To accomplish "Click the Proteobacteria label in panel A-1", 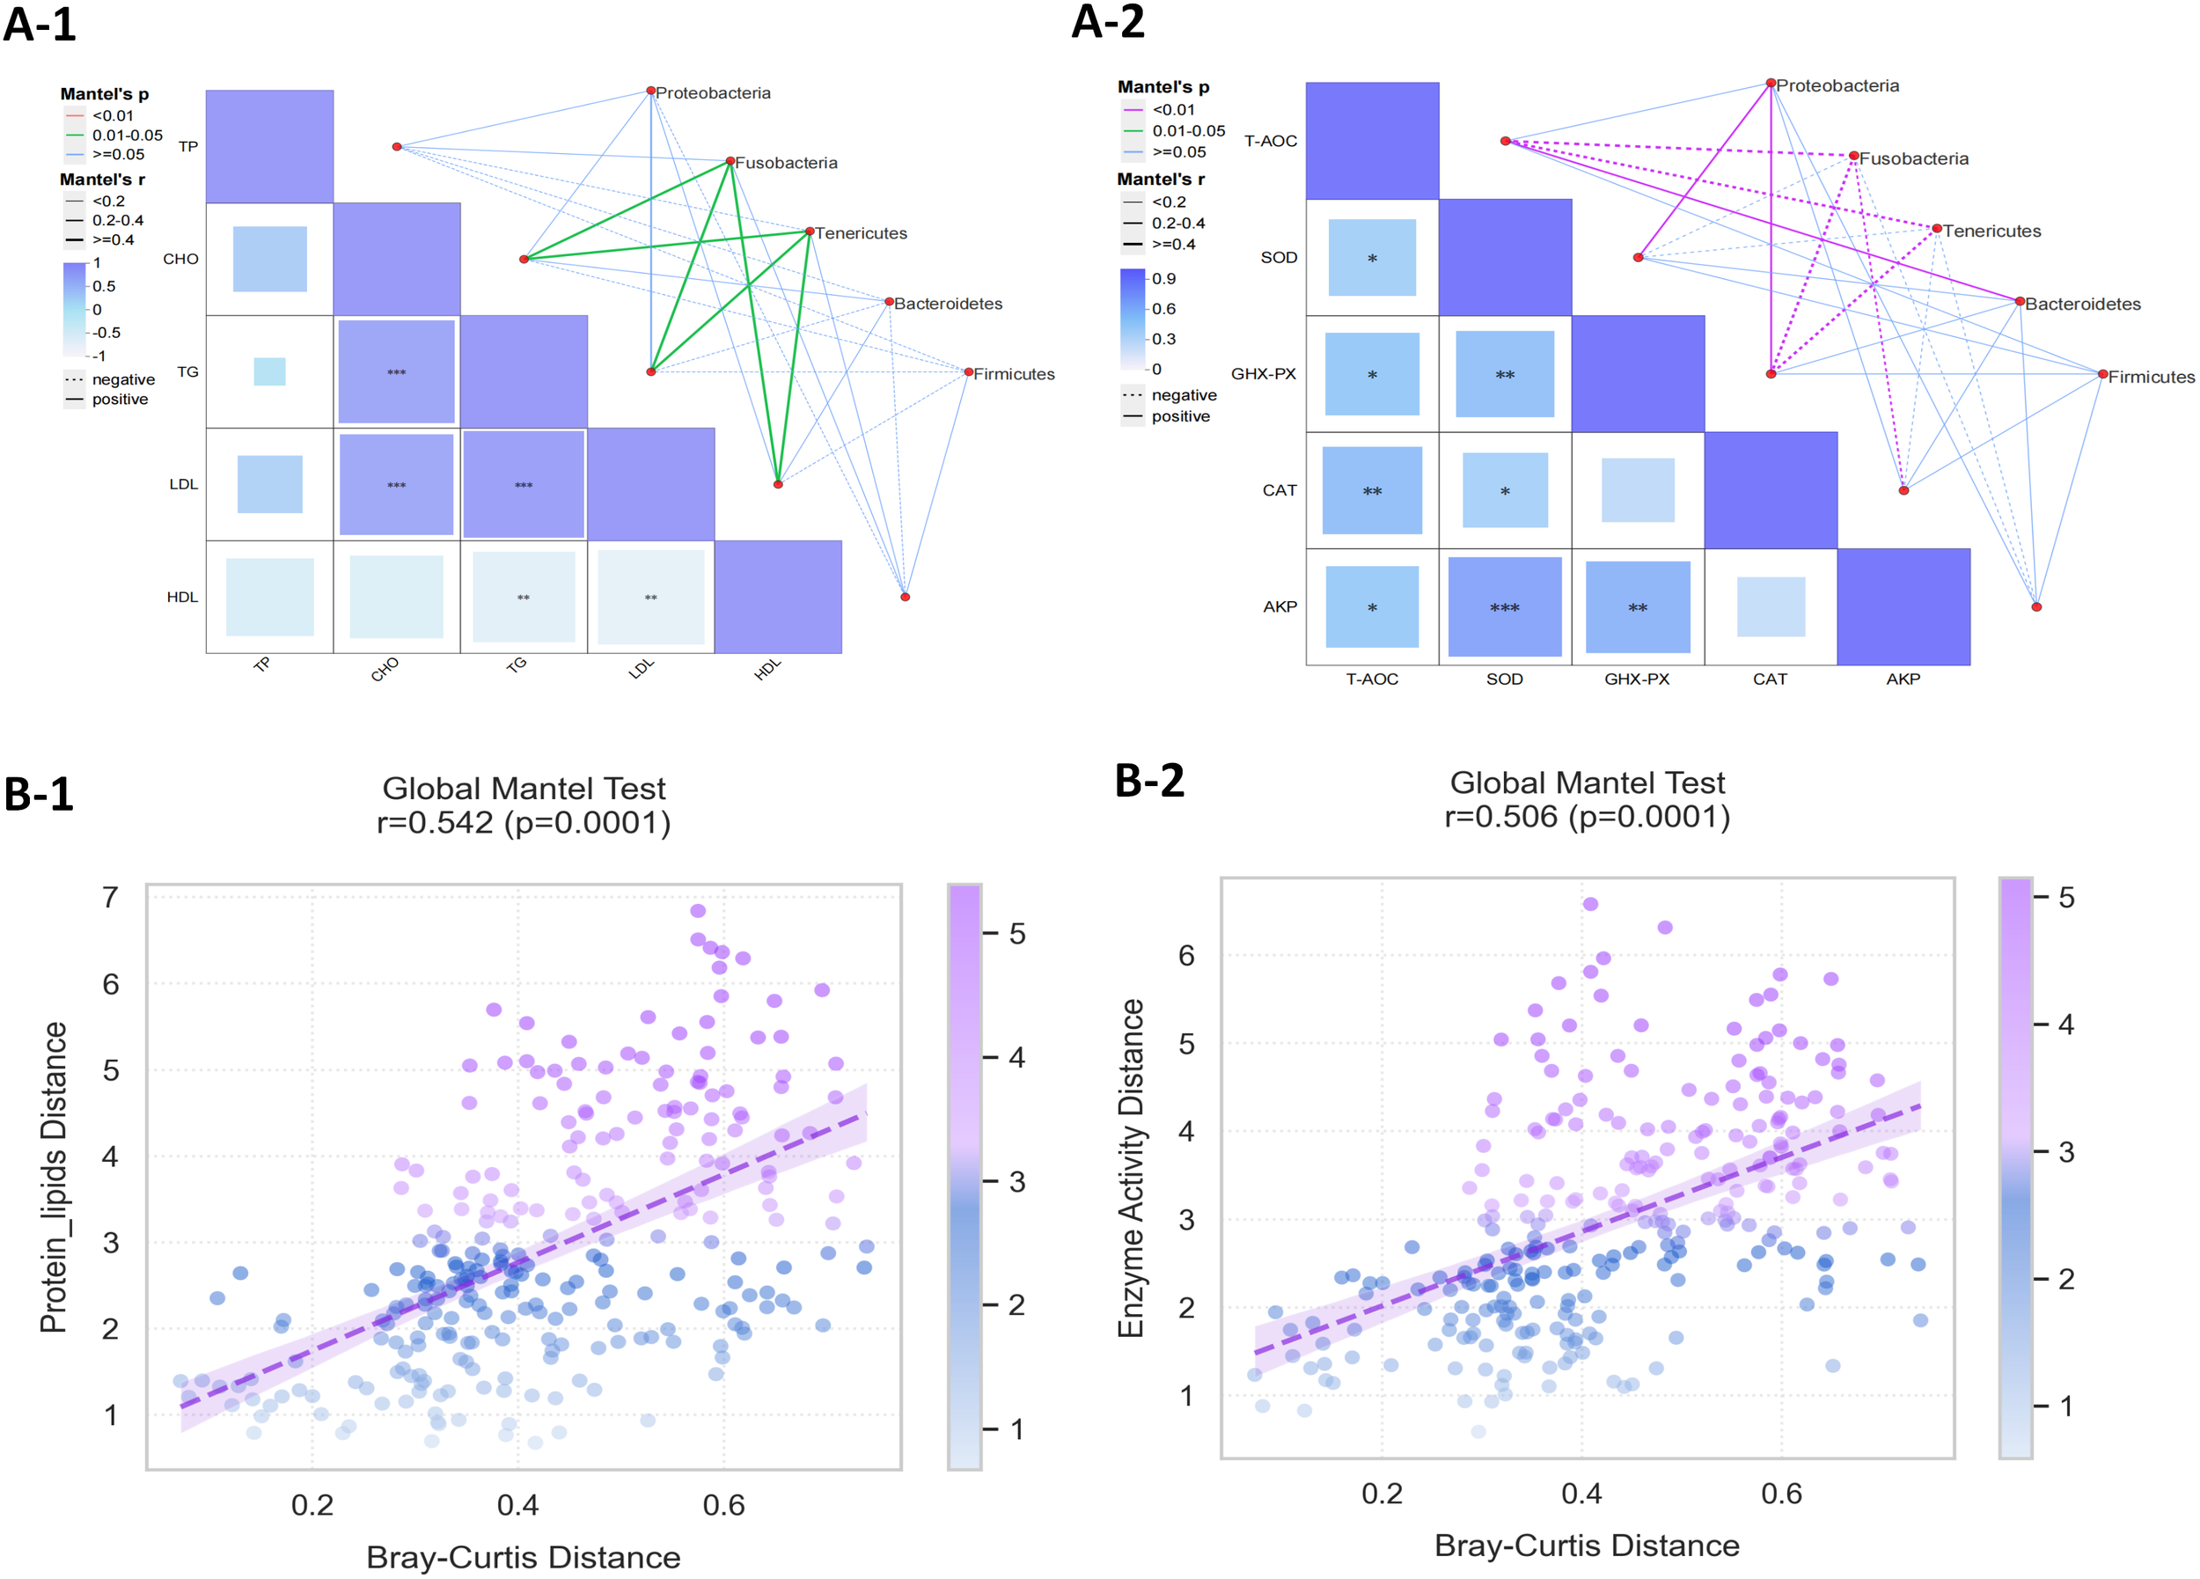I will pyautogui.click(x=713, y=93).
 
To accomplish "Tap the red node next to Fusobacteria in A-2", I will pyautogui.click(x=1852, y=156).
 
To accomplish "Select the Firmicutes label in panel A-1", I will pyautogui.click(x=1014, y=374).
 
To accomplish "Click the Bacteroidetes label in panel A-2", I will pyautogui.click(x=2083, y=305).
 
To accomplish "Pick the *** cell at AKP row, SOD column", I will pyautogui.click(x=1505, y=607).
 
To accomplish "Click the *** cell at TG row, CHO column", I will pyautogui.click(x=396, y=372).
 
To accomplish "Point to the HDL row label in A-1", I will pyautogui.click(x=181, y=598).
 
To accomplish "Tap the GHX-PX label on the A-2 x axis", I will pyautogui.click(x=1637, y=679).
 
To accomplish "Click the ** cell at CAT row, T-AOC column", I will pyautogui.click(x=1372, y=491).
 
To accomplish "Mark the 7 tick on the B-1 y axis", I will pyautogui.click(x=111, y=897).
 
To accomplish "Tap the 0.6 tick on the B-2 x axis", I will pyautogui.click(x=1781, y=1493).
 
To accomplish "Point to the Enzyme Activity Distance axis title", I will pyautogui.click(x=1131, y=1168).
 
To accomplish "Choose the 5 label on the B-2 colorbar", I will pyautogui.click(x=2066, y=897).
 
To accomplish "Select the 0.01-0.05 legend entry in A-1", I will pyautogui.click(x=127, y=136).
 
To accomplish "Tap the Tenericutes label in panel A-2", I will pyautogui.click(x=1991, y=231).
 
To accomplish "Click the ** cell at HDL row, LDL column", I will pyautogui.click(x=650, y=598).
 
